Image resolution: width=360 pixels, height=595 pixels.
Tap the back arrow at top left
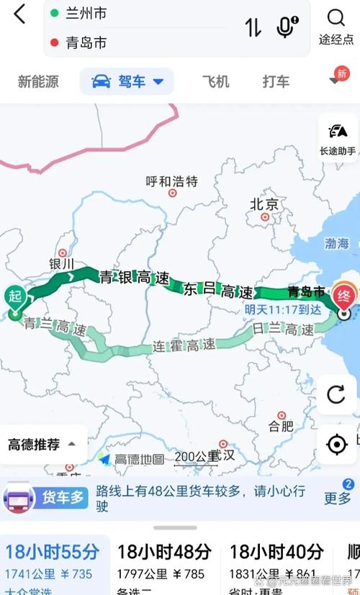pos(19,14)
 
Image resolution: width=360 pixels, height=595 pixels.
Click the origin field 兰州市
pos(86,14)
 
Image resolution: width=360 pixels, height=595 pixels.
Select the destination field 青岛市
pos(86,43)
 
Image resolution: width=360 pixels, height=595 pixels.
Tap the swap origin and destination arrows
pos(253,28)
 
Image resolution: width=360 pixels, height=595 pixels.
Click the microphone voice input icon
pos(287,27)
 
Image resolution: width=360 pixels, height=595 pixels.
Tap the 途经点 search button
pos(336,27)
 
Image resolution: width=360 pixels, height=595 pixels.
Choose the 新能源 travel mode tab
pos(38,81)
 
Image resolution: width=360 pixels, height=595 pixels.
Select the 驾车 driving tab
pos(127,82)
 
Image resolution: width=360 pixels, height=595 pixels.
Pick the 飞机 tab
pos(215,81)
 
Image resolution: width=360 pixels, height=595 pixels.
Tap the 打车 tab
pos(276,81)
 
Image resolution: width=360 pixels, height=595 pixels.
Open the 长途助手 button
pos(337,139)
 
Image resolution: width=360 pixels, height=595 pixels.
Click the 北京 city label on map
pos(264,204)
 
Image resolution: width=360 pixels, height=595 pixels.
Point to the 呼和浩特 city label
pos(171,181)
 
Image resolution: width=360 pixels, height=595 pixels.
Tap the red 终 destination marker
pos(343,295)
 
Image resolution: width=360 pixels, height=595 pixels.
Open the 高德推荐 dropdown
pos(42,444)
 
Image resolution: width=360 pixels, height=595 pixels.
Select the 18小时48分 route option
pos(164,553)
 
